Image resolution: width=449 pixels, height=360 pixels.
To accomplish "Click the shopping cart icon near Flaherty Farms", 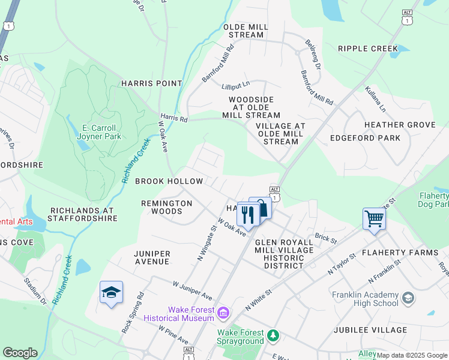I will click(x=374, y=218).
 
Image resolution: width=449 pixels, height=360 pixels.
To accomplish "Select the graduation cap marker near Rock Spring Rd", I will click(x=112, y=292).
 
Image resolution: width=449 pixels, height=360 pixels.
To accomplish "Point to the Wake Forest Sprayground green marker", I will click(x=274, y=334).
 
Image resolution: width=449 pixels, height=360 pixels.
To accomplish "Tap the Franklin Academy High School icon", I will click(x=408, y=298).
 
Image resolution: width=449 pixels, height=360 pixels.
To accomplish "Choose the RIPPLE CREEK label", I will click(x=368, y=49).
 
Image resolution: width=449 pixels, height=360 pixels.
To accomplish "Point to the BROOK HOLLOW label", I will click(x=169, y=181).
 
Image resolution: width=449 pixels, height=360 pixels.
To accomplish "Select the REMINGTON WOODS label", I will click(x=166, y=207).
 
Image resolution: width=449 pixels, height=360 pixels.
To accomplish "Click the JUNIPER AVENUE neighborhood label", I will click(x=152, y=258).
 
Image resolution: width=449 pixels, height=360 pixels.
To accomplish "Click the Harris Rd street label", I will click(x=173, y=119).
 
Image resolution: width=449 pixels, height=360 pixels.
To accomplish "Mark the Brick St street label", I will click(x=326, y=238).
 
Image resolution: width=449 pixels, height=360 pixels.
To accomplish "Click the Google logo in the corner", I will click(x=19, y=353).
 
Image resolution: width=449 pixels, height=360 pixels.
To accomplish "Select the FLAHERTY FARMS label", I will click(x=404, y=253).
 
